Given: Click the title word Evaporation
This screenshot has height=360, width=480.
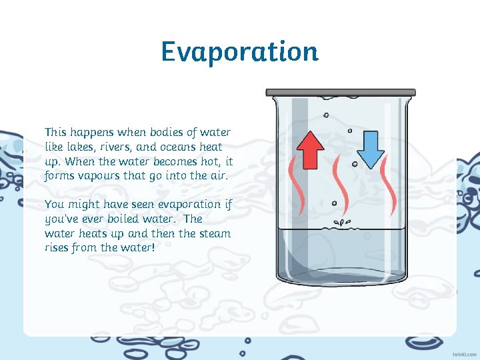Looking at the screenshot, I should tap(239, 51).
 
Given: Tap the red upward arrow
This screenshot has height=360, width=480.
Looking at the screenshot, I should tap(310, 149).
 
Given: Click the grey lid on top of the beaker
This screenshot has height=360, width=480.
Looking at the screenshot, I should tap(341, 93).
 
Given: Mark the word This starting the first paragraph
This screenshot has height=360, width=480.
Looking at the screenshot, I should tap(56, 132).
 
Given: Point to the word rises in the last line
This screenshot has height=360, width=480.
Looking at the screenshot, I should tap(58, 248).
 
